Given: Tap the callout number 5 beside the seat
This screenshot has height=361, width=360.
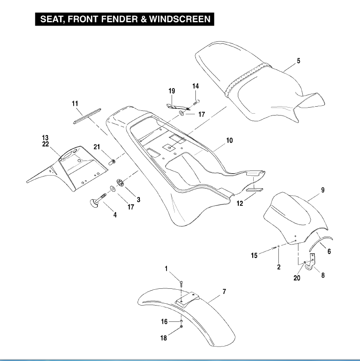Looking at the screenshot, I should pos(298,61).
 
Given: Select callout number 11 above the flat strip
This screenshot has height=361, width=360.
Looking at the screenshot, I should pos(75,104).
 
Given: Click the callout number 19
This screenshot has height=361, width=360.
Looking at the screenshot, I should pos(172,91).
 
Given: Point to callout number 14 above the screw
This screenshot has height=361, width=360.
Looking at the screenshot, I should pos(195,86).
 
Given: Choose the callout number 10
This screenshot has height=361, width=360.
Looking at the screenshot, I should pos(229,140).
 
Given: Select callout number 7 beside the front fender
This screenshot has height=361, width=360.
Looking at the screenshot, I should pos(224,292).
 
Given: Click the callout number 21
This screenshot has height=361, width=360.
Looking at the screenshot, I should pos(97,147).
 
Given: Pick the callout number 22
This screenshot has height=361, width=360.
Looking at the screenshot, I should pos(45,144).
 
